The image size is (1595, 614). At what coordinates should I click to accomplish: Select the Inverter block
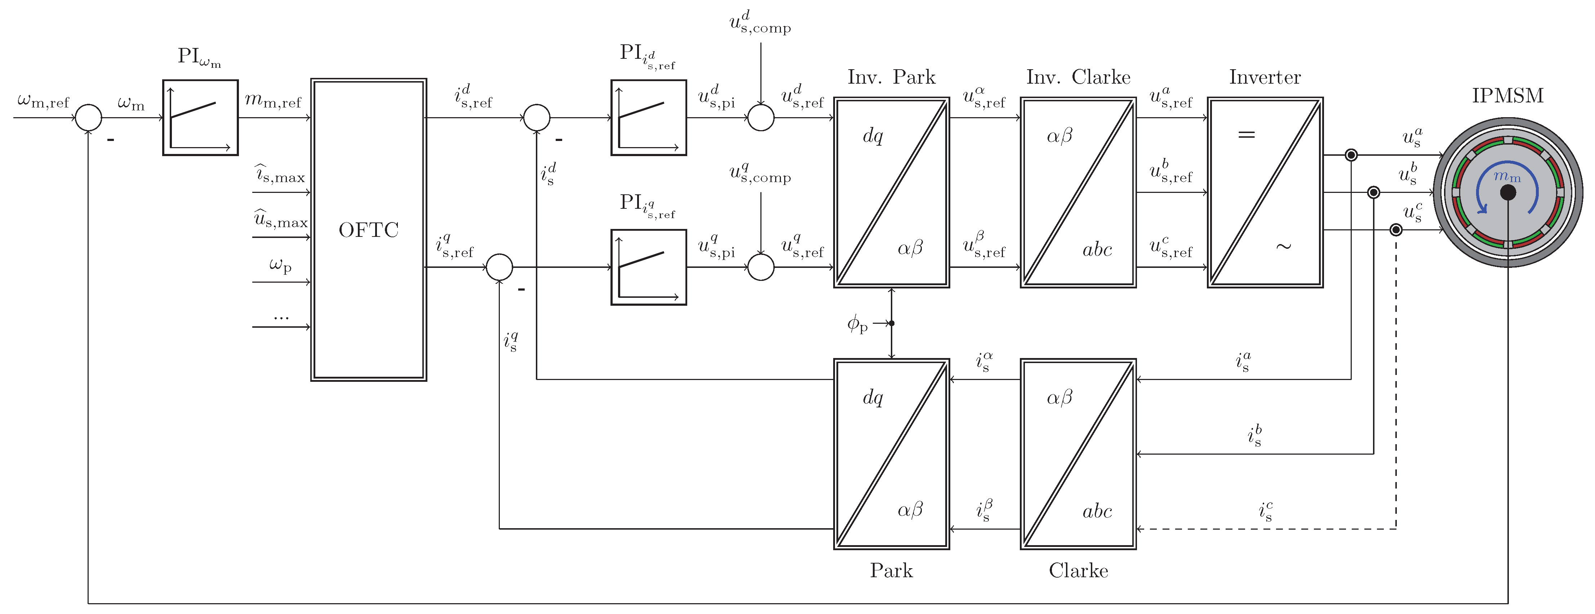click(x=1265, y=192)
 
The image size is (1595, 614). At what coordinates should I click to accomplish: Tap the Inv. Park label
click(x=891, y=78)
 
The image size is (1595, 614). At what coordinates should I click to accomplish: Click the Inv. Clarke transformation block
click(x=1078, y=192)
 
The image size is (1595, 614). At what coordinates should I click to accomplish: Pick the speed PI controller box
click(x=200, y=118)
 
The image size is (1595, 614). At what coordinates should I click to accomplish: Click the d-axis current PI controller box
click(x=648, y=118)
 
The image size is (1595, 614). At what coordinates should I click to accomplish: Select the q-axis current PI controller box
click(x=648, y=267)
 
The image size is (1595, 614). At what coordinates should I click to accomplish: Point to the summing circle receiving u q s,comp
click(x=761, y=267)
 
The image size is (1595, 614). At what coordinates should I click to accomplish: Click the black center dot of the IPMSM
click(x=1508, y=193)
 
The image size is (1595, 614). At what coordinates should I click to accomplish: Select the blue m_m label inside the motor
click(x=1506, y=177)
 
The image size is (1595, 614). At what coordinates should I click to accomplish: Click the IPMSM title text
click(x=1508, y=96)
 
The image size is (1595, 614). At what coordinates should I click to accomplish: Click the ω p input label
click(x=280, y=265)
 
